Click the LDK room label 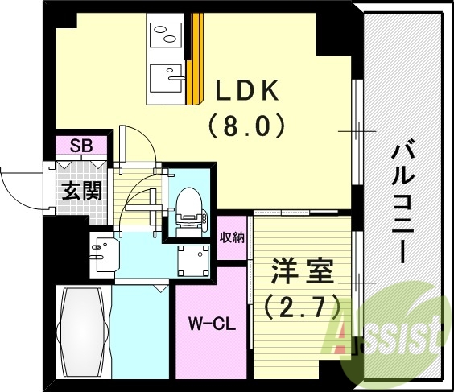point(246,92)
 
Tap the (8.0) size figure point(246,126)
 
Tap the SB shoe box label point(80,146)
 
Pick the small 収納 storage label point(232,237)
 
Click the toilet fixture point(188,207)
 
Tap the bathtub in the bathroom point(82,331)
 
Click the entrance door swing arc point(18,190)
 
